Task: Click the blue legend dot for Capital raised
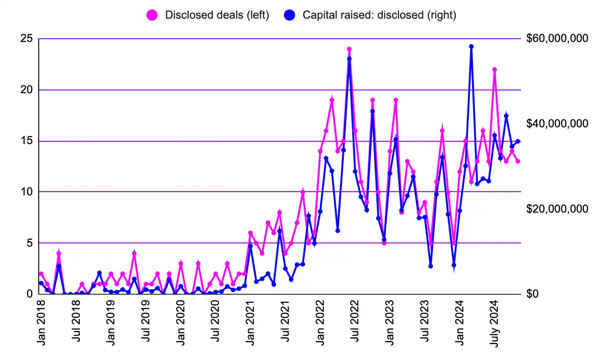click(289, 15)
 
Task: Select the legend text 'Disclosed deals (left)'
click(217, 15)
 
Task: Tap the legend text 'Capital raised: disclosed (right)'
click(379, 15)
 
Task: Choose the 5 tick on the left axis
click(29, 243)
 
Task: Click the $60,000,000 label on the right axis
click(557, 39)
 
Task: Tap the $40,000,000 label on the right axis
click(557, 124)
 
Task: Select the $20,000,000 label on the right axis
click(557, 209)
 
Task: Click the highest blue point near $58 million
click(471, 47)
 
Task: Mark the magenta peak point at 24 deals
click(349, 49)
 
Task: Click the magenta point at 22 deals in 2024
click(495, 69)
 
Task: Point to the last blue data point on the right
click(518, 141)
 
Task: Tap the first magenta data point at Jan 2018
click(41, 274)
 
